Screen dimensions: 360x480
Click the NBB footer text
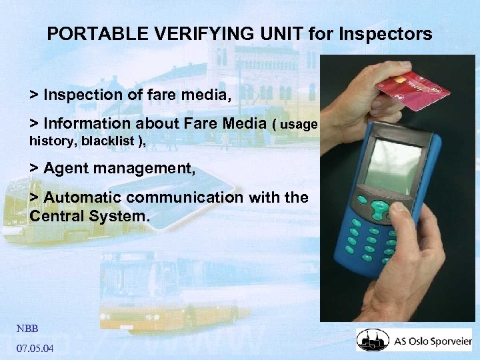(x=27, y=328)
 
